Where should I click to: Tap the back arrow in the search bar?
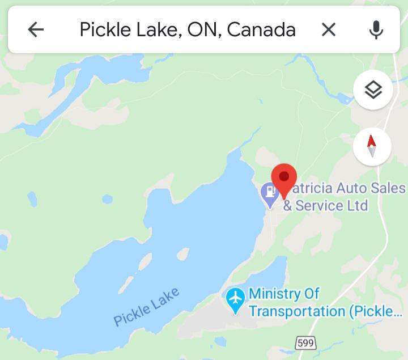click(x=36, y=29)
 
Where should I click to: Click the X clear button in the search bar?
click(x=329, y=29)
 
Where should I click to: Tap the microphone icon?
click(x=376, y=29)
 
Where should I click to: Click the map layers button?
click(x=373, y=90)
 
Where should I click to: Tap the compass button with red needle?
click(x=372, y=146)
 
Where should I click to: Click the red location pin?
click(x=284, y=180)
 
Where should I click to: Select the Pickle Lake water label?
click(x=147, y=307)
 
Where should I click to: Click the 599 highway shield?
click(x=306, y=342)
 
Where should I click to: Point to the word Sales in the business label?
click(x=387, y=188)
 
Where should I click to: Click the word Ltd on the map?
click(x=357, y=205)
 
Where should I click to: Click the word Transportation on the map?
click(x=297, y=311)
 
